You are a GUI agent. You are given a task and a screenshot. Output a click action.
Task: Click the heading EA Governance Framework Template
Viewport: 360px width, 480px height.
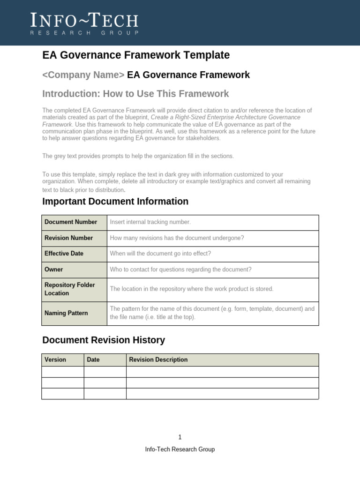[136, 55]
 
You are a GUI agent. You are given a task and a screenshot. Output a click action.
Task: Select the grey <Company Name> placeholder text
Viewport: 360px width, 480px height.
[83, 75]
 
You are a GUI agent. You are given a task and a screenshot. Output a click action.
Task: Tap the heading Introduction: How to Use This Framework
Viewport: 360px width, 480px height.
[135, 94]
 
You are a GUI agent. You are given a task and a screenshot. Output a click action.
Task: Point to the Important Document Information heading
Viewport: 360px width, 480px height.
[115, 202]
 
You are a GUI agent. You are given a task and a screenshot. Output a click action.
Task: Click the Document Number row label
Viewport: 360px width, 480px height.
[71, 222]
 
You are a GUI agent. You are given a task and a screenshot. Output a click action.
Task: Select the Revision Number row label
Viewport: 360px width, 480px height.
[68, 238]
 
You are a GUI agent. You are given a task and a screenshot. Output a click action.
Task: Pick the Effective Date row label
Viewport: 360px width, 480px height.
[64, 254]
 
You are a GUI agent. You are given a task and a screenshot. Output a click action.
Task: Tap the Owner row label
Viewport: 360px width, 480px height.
[53, 270]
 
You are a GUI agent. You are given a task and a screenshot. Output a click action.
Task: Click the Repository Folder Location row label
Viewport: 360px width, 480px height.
[69, 289]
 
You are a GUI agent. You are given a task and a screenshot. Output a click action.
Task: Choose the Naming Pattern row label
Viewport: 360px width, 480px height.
[66, 313]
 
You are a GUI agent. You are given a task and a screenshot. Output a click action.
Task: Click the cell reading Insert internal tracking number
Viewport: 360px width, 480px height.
[150, 222]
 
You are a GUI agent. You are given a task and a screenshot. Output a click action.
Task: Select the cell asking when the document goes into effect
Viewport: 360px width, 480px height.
[160, 254]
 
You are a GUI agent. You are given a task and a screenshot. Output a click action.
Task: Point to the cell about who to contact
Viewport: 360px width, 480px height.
[180, 270]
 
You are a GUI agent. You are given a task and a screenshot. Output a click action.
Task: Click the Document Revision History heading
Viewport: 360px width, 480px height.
[104, 340]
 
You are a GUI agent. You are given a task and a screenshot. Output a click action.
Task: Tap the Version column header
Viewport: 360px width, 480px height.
[55, 360]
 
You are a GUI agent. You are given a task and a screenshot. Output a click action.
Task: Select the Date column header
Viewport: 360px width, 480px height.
[93, 360]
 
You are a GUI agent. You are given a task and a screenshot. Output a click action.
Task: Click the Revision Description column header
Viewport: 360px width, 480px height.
[158, 360]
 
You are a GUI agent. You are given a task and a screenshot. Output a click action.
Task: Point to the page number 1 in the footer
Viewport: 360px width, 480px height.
[180, 437]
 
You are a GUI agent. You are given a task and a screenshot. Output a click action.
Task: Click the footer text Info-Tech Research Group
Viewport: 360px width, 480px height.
[180, 450]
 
